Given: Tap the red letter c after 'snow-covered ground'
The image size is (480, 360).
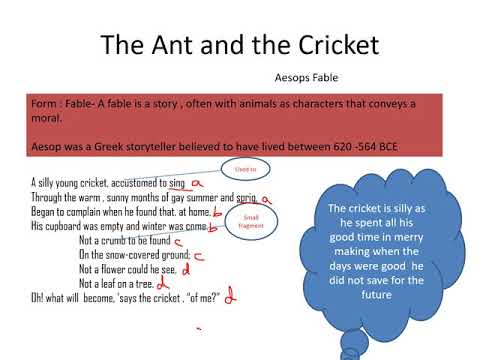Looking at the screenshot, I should [199, 255].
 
